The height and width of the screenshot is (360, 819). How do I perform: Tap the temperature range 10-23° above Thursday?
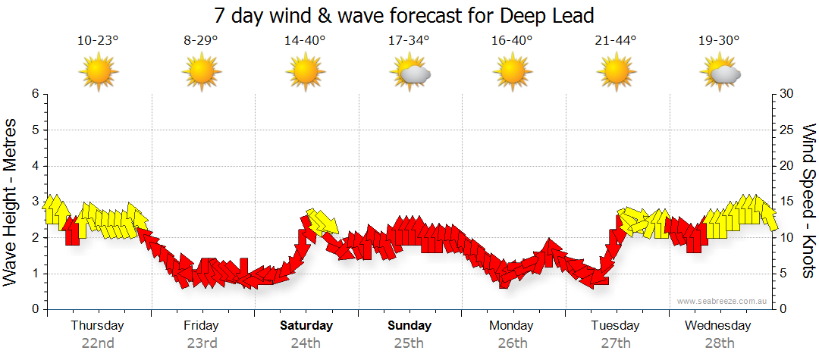98,40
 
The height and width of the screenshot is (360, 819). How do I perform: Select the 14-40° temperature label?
305,40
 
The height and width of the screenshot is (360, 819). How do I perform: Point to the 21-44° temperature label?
616,40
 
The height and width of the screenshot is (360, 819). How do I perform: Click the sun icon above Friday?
202,73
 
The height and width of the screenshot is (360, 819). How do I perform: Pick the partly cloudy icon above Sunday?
409,74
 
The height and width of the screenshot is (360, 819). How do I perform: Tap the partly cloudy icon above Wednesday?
720,74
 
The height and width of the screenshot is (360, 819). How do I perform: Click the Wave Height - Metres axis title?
11,202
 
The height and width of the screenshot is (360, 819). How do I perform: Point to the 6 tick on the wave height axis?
34,94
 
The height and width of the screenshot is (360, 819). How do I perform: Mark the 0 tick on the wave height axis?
34,309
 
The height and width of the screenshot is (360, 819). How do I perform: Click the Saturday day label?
306,326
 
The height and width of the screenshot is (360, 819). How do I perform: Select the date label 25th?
409,343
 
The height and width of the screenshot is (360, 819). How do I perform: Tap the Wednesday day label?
718,326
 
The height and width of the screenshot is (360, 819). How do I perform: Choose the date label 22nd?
98,343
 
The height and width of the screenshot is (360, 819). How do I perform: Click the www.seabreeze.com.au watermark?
723,301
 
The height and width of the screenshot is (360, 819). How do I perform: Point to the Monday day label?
512,326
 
